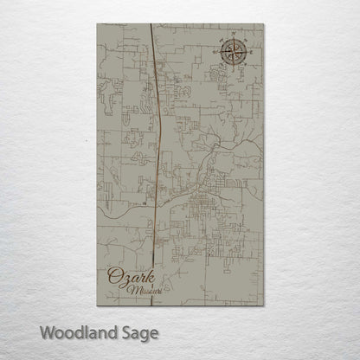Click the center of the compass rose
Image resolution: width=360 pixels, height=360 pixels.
tap(235, 54)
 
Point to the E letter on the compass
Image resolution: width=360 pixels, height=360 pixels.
tap(252, 54)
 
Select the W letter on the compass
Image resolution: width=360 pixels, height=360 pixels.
tap(219, 54)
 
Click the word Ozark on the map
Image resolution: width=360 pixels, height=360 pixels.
tap(126, 278)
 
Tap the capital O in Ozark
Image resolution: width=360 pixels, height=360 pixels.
tap(113, 278)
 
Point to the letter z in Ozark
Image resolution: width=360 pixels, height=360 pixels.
tap(124, 280)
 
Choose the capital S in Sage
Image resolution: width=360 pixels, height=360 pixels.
tap(126, 332)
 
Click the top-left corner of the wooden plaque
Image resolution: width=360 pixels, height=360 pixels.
tap(97, 24)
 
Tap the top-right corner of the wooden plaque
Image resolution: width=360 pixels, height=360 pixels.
tap(263, 24)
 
